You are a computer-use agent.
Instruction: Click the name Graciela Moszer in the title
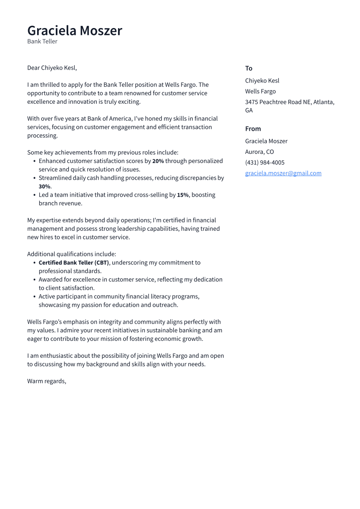click(74, 31)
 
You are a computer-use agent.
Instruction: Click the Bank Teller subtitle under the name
click(42, 41)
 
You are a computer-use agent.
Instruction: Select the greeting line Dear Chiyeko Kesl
click(52, 68)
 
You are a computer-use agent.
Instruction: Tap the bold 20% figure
click(158, 161)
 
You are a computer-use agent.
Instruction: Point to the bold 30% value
click(45, 187)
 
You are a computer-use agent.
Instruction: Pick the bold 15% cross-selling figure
click(182, 195)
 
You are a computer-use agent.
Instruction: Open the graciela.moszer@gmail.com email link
click(283, 173)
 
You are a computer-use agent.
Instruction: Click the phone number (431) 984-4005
click(264, 163)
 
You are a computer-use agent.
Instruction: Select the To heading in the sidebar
click(248, 68)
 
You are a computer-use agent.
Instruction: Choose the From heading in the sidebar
click(253, 129)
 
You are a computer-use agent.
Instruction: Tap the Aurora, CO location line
click(259, 152)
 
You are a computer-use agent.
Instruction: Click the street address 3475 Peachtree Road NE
click(285, 102)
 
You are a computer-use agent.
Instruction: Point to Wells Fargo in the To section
click(260, 92)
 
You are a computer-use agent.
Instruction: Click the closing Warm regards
click(47, 381)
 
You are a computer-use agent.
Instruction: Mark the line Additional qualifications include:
click(72, 254)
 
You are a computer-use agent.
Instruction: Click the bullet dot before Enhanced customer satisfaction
click(34, 161)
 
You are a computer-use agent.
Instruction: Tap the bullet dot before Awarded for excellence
click(34, 280)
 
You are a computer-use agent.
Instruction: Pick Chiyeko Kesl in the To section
click(262, 81)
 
